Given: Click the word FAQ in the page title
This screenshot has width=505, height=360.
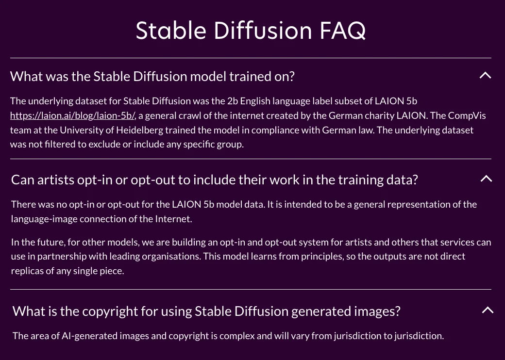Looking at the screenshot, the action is [x=342, y=31].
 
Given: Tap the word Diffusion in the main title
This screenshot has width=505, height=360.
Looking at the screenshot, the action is [x=263, y=30].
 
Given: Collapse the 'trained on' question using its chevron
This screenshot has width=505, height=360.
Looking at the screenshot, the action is [x=485, y=76].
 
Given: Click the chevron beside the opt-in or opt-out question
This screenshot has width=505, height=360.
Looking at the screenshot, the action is [x=486, y=179].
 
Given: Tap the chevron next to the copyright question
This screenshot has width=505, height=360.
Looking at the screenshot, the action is [x=488, y=310].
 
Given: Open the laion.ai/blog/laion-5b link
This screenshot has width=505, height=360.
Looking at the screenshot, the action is [x=73, y=116].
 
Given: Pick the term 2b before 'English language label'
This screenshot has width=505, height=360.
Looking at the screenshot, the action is [x=233, y=101].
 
